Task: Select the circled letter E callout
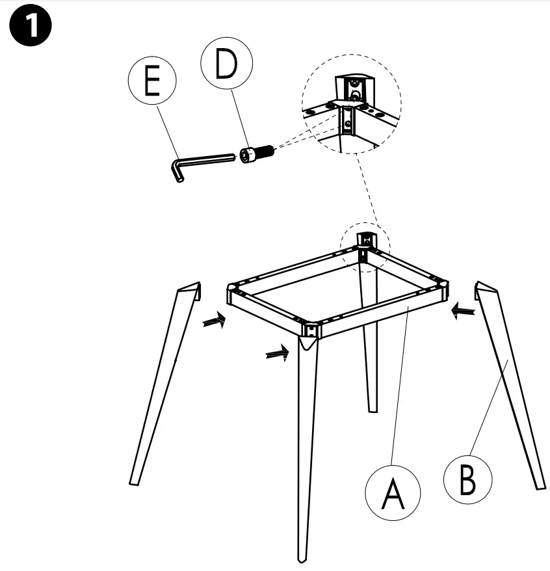[151, 83]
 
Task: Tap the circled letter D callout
[226, 67]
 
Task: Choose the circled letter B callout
[468, 480]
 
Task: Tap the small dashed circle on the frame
[365, 245]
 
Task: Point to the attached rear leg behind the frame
[369, 338]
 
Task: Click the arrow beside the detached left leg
[214, 320]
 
